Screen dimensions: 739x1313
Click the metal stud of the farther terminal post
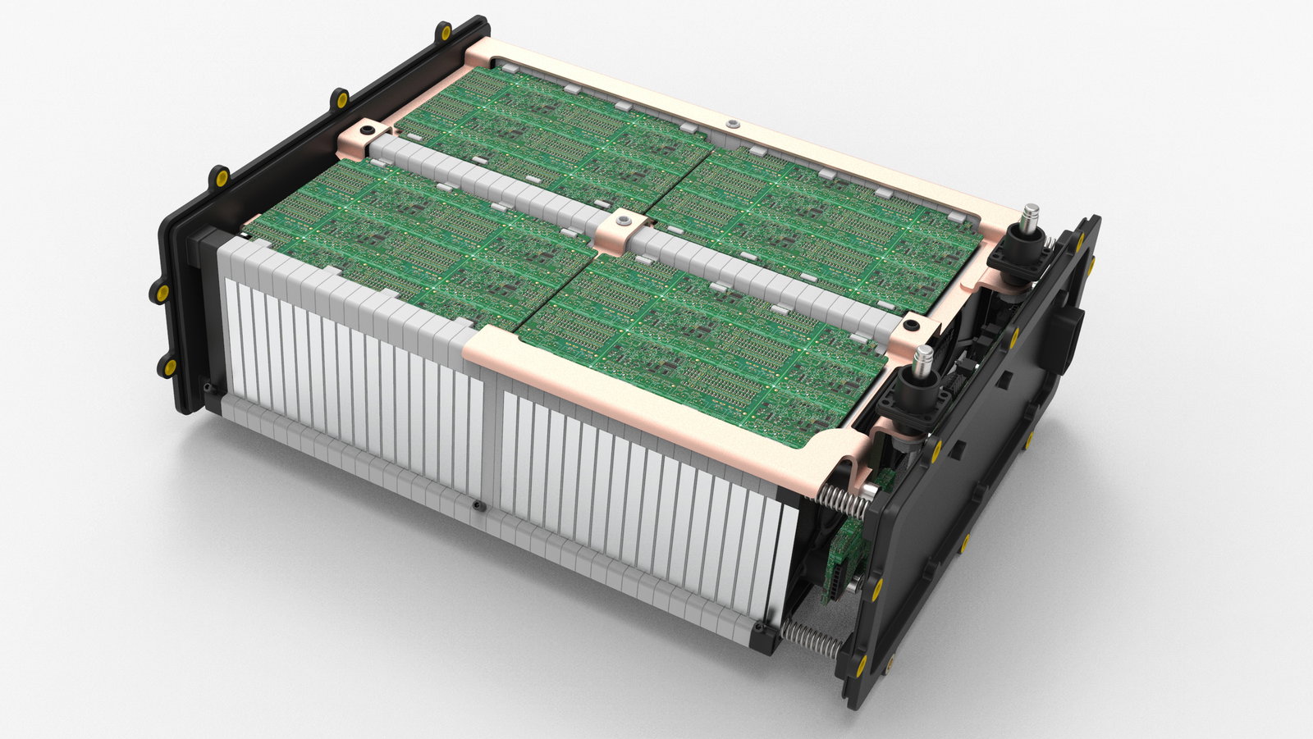1028,220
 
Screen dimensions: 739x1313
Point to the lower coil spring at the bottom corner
809,636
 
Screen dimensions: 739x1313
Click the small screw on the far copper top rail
731,124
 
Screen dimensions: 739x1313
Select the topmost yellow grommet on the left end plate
445,33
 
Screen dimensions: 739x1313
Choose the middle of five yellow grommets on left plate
220,177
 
